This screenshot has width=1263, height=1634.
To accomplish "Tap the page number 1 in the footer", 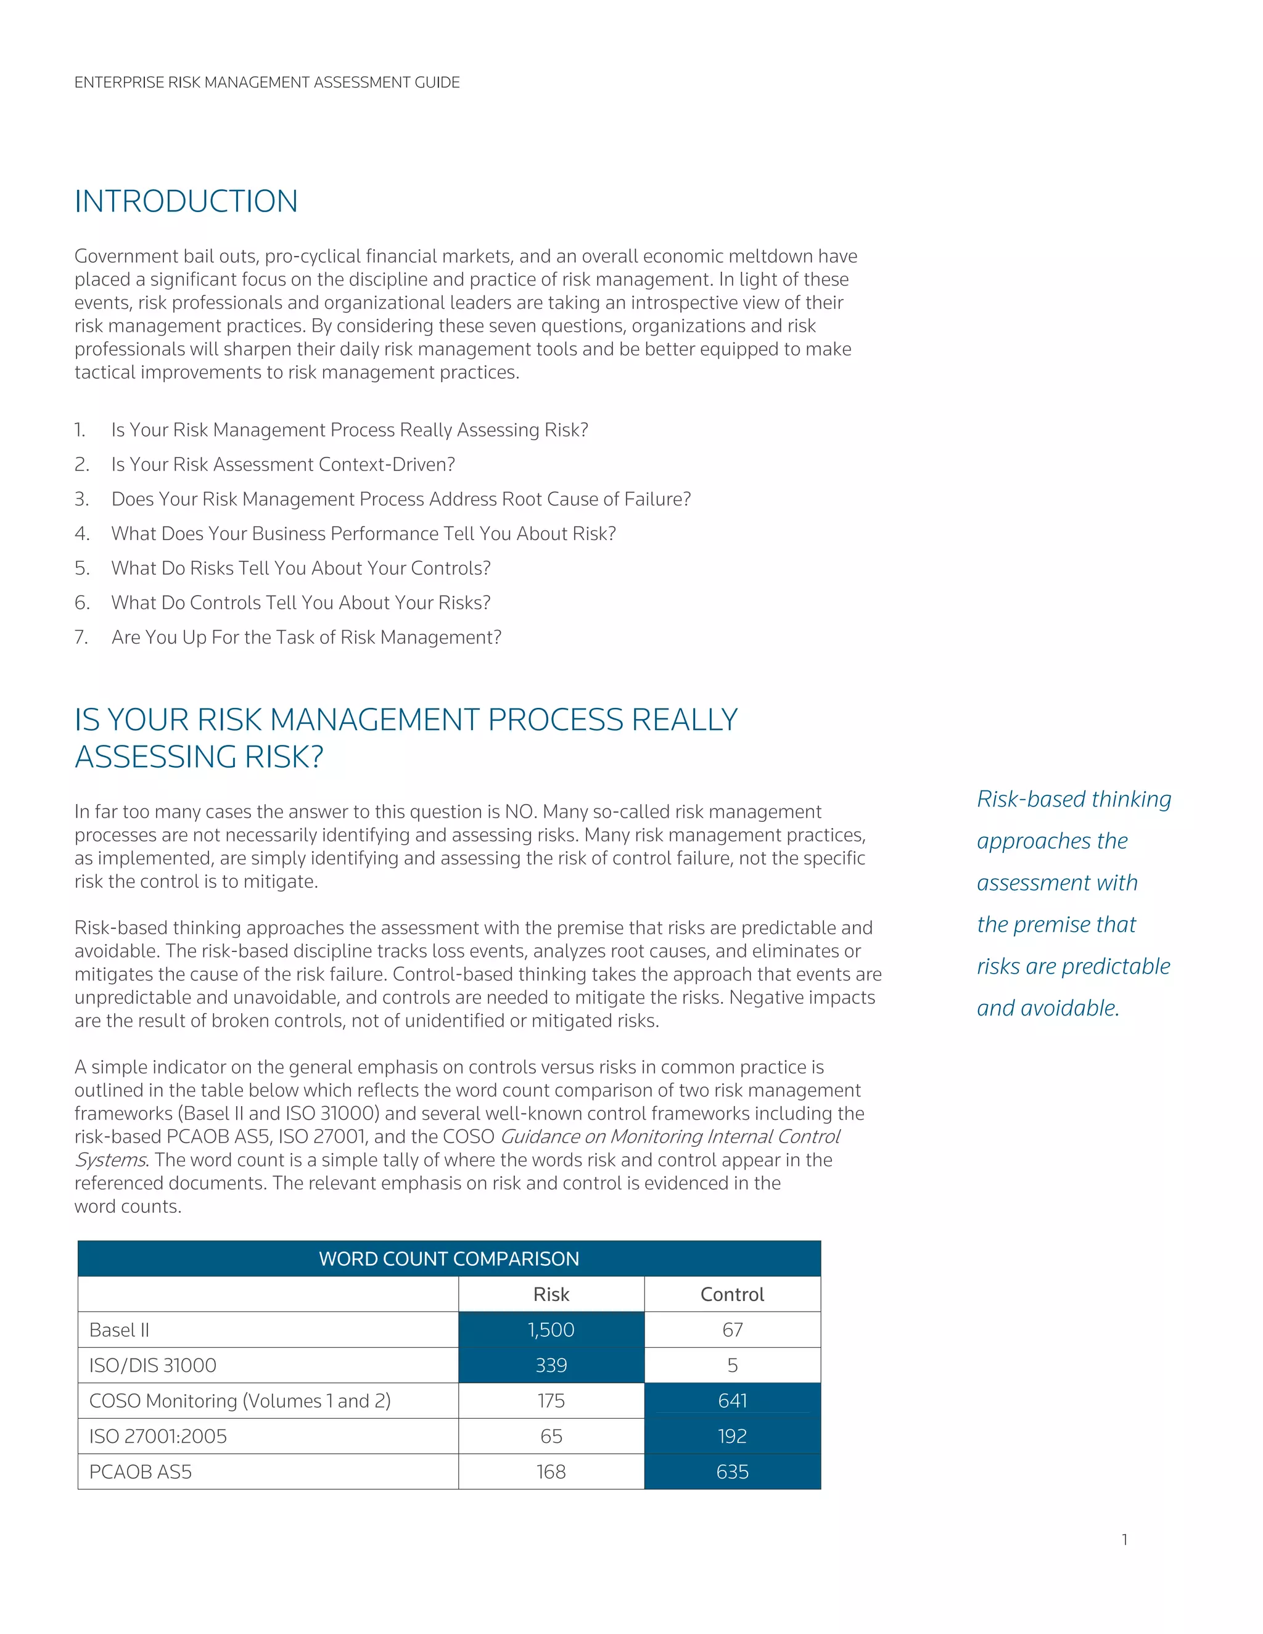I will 1125,1540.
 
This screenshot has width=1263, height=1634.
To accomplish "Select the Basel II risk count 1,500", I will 551,1329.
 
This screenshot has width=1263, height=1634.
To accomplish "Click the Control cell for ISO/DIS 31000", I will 732,1365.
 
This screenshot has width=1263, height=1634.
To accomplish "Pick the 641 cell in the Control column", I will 732,1400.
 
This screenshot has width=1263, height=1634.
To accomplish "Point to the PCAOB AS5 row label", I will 141,1472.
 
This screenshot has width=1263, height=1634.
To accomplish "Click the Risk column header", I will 551,1294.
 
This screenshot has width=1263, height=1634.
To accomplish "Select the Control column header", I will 732,1294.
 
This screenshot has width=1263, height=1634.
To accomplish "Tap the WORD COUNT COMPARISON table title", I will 449,1258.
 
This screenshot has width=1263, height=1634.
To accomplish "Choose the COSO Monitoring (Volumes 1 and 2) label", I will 239,1400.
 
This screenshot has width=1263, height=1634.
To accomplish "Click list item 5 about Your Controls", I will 301,569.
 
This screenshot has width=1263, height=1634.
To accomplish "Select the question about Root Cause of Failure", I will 401,499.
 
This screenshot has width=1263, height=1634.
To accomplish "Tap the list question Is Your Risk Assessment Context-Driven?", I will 283,465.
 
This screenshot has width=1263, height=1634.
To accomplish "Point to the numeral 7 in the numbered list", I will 80,638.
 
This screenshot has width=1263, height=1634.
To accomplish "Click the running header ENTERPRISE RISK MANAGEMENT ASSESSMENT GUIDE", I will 266,82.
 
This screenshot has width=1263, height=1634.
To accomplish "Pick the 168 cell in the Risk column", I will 551,1472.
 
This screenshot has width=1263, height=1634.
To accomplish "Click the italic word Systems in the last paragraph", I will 110,1160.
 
